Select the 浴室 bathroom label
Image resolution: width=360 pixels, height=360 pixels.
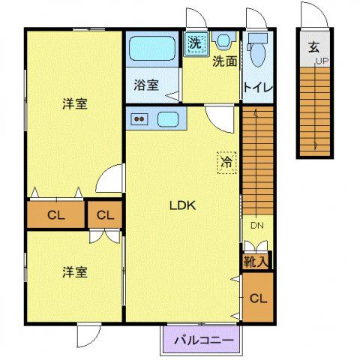[145, 84]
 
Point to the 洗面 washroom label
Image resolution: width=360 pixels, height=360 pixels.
[224, 61]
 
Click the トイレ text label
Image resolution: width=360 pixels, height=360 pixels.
[257, 87]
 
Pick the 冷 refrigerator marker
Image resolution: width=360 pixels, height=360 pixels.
[224, 161]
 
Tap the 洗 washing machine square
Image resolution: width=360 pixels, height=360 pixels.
[195, 43]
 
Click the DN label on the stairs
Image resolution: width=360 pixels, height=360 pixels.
[254, 224]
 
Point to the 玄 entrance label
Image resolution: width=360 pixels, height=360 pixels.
[313, 46]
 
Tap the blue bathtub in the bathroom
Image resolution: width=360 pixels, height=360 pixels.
[153, 50]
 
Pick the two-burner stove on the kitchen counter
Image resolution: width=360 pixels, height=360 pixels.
[139, 118]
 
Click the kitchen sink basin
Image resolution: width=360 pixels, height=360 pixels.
[168, 118]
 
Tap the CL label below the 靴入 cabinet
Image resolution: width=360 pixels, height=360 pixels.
[257, 298]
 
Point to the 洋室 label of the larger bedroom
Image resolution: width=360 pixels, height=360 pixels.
[74, 104]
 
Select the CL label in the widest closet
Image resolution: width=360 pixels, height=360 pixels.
[56, 216]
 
